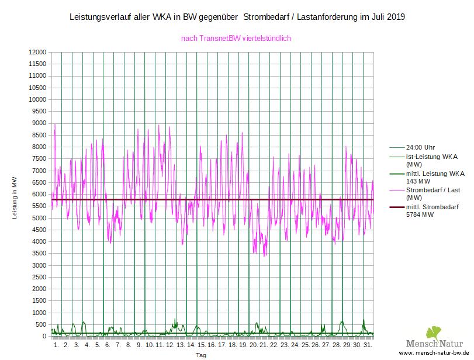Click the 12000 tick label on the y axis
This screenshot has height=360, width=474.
click(36, 52)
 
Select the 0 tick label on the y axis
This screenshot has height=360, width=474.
click(43, 337)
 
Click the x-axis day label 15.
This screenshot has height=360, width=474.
click(202, 346)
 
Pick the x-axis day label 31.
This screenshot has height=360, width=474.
click(368, 346)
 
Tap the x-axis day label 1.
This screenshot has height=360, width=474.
click(56, 346)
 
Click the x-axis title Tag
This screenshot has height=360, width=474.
click(200, 355)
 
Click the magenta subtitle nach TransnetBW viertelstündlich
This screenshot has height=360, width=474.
click(236, 39)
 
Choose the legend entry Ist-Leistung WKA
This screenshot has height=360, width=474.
click(431, 157)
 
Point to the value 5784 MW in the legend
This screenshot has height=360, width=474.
click(420, 214)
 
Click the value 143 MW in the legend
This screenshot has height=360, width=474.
click(418, 181)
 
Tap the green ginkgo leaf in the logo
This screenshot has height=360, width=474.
click(434, 332)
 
